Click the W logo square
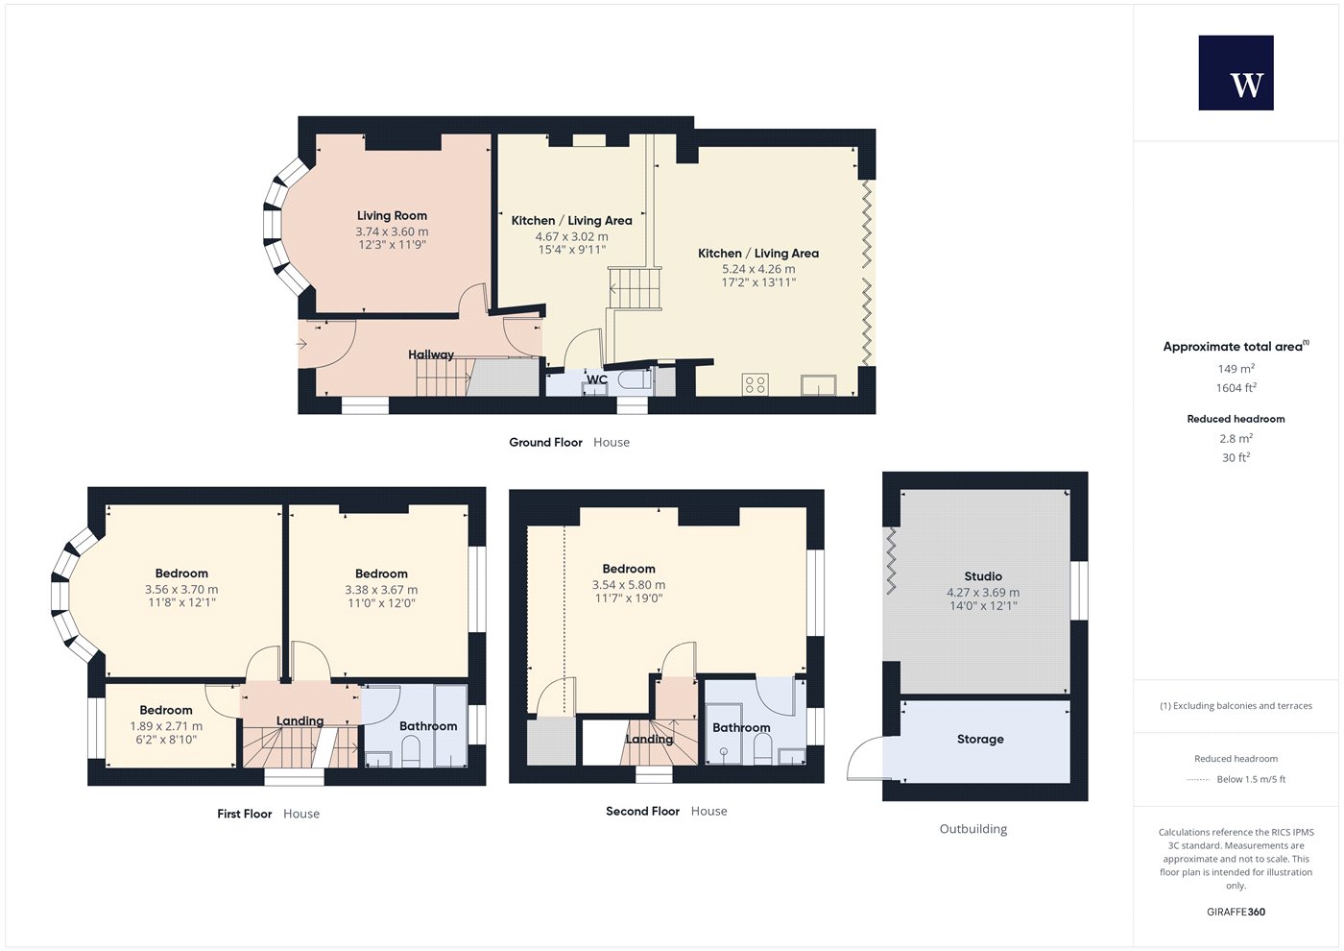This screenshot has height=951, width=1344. pyautogui.click(x=1236, y=73)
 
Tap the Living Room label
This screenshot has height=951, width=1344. pyautogui.click(x=392, y=215)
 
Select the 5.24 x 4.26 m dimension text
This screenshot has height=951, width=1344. pyautogui.click(x=758, y=269)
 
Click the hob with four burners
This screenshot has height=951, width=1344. pyautogui.click(x=756, y=385)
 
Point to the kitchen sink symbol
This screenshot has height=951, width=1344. pyautogui.click(x=818, y=385)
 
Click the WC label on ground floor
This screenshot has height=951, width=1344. pyautogui.click(x=596, y=379)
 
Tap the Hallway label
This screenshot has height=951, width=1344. pyautogui.click(x=431, y=354)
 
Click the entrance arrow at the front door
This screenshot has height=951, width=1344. pyautogui.click(x=301, y=344)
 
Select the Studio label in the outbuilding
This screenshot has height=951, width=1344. pyautogui.click(x=983, y=576)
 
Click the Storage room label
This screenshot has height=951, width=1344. pyautogui.click(x=980, y=739)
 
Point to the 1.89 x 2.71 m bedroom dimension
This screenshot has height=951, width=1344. pyautogui.click(x=166, y=726)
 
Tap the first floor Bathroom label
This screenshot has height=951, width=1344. pyautogui.click(x=428, y=726)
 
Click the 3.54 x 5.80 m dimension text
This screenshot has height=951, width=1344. pyautogui.click(x=629, y=585)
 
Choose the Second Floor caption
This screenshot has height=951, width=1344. pyautogui.click(x=642, y=811)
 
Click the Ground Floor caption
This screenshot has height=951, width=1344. pyautogui.click(x=545, y=443)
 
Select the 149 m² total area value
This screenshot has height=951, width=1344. pyautogui.click(x=1236, y=369)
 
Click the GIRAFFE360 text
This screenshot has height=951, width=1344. pyautogui.click(x=1236, y=912)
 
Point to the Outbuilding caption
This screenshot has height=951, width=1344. pyautogui.click(x=973, y=829)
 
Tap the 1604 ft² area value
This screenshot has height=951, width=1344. pyautogui.click(x=1236, y=388)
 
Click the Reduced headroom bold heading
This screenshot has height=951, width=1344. pyautogui.click(x=1236, y=419)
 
